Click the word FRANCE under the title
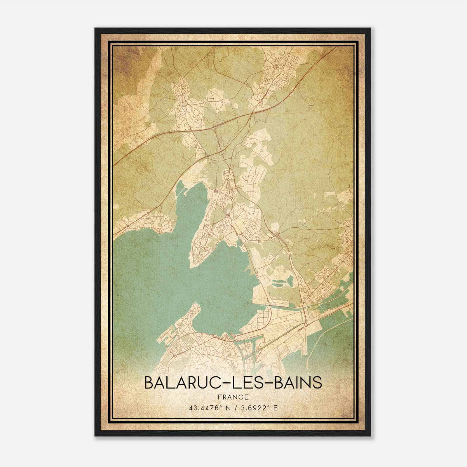click(233, 397)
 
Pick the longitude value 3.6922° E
click(258, 408)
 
